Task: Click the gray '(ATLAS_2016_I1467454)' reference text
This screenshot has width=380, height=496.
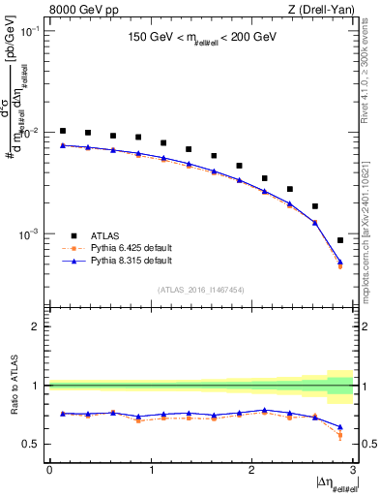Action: click(201, 289)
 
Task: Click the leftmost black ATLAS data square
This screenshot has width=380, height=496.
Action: click(63, 131)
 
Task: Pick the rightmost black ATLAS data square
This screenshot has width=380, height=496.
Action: click(340, 240)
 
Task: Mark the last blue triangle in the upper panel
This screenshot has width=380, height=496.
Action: click(340, 261)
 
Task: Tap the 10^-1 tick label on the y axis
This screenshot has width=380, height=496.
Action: click(32, 31)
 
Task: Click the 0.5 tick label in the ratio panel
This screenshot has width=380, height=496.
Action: click(33, 444)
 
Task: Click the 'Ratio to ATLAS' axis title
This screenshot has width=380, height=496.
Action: click(12, 386)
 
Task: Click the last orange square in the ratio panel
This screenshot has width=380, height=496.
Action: click(340, 436)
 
